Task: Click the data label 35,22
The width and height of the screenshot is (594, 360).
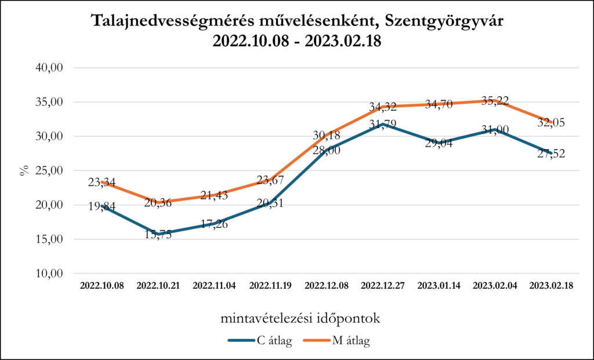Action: click(495, 101)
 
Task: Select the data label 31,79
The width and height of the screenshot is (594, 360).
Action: click(382, 125)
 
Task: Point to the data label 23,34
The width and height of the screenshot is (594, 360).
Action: click(102, 183)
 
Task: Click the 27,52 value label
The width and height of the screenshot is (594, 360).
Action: click(551, 154)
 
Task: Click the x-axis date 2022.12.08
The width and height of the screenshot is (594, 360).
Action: click(327, 286)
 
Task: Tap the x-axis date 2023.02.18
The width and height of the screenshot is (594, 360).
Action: click(552, 286)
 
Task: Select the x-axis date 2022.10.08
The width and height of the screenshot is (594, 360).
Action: click(102, 286)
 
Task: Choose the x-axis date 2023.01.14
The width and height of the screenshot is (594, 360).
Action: click(439, 286)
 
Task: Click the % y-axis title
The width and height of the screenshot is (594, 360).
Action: click(24, 170)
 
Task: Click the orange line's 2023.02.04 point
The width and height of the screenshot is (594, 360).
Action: click(495, 100)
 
